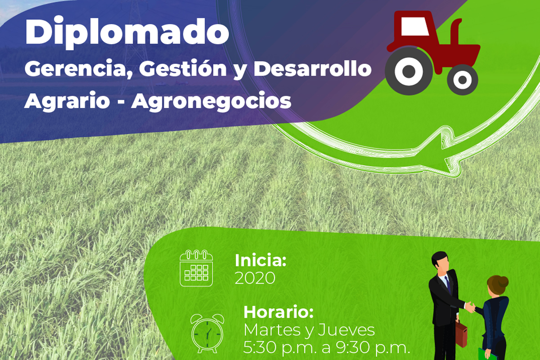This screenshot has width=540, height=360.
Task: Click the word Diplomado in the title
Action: pyautogui.click(x=127, y=33)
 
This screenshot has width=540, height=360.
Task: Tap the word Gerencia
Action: pyautogui.click(x=79, y=69)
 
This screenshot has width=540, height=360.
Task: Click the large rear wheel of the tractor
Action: pyautogui.click(x=409, y=71)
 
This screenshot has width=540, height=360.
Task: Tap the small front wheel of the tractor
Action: pyautogui.click(x=463, y=80)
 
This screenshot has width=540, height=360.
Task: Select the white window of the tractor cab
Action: pyautogui.click(x=415, y=26)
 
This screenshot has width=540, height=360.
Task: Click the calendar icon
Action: pyautogui.click(x=196, y=268)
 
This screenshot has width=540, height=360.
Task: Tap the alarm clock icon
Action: pyautogui.click(x=207, y=333)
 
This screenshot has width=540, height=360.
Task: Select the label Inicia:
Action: pyautogui.click(x=261, y=261)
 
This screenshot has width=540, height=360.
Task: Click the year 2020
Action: pyautogui.click(x=255, y=278)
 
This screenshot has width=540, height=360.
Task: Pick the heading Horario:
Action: pyautogui.click(x=279, y=312)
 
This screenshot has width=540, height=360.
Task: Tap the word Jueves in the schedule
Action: pyautogui.click(x=346, y=330)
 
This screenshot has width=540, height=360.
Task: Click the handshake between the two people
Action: pyautogui.click(x=470, y=307)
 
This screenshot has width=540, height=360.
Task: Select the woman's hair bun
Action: pyautogui.click(x=504, y=281)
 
